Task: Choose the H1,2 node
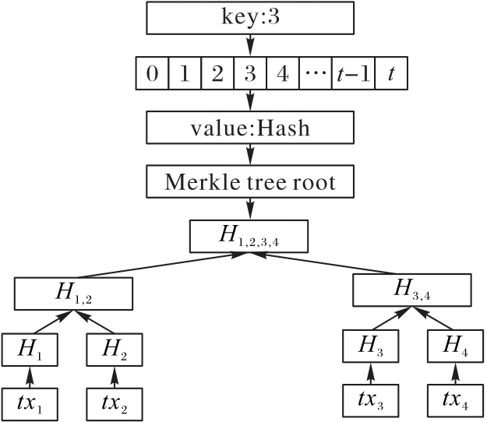(x=75, y=293)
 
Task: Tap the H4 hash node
(x=453, y=346)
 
